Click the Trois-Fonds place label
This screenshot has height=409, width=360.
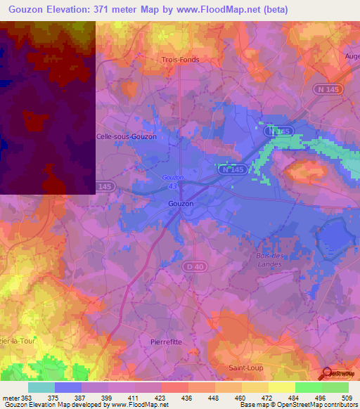(x=181, y=60)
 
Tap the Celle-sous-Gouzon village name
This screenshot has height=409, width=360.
(x=126, y=136)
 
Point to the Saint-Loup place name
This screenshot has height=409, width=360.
(x=246, y=368)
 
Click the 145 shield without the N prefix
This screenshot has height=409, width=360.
(x=104, y=186)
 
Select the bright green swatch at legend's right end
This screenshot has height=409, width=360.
(x=335, y=387)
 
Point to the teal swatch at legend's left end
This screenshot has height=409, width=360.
(x=41, y=387)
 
